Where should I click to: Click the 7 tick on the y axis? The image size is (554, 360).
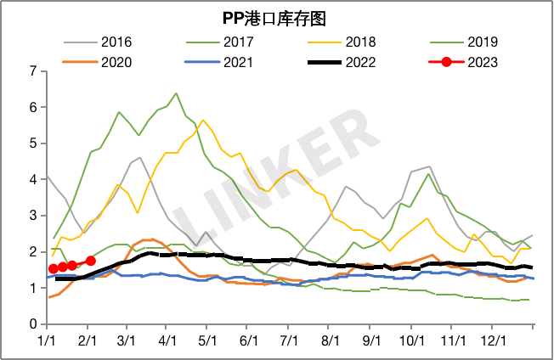point(32,71)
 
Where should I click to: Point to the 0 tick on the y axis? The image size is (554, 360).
point(32,324)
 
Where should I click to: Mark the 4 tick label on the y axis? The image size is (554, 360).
point(32,180)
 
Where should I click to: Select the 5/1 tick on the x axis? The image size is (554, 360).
point(207,340)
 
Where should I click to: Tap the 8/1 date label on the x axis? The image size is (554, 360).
point(330,340)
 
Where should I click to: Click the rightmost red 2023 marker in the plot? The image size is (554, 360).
point(91,261)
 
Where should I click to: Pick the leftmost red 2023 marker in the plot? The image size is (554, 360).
point(53,268)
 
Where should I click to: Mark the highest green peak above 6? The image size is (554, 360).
point(176,93)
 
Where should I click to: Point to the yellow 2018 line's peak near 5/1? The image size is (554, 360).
point(203,121)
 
